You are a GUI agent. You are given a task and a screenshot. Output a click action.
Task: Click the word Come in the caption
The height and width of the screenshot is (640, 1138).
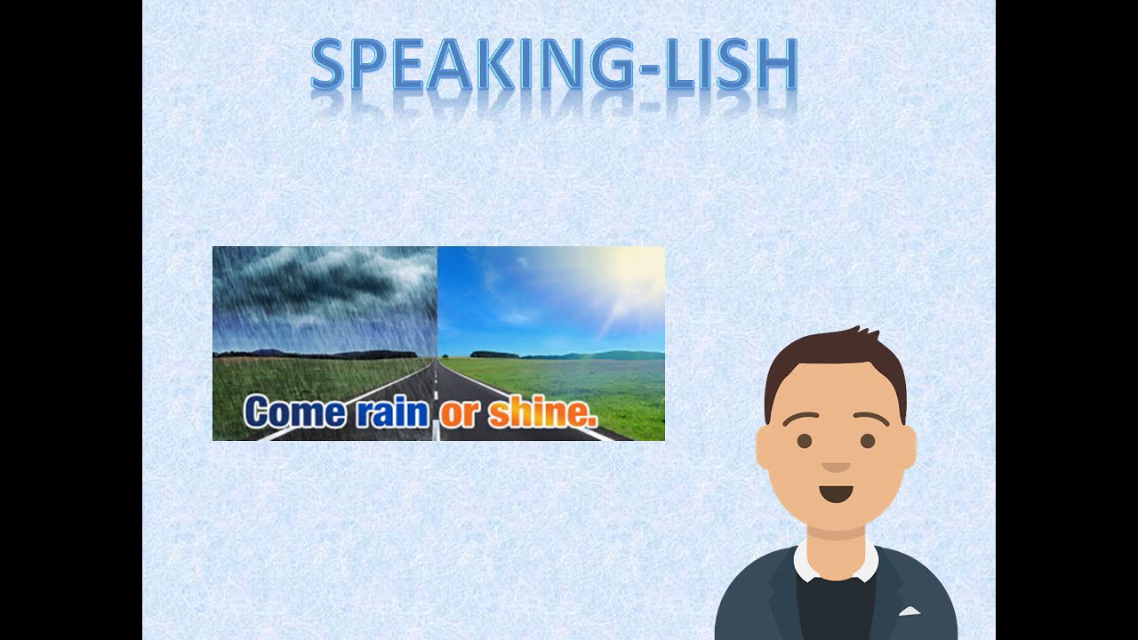coord(294,412)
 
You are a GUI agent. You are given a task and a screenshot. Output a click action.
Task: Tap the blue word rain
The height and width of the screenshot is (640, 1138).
coord(392,413)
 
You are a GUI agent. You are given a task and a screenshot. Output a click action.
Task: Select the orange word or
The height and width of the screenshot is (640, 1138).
coord(459,414)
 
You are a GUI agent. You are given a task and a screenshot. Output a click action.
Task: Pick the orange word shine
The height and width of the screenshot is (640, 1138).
coord(541,413)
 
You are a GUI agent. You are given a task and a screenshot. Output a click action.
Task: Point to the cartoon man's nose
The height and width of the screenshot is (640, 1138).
coord(836,467)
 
